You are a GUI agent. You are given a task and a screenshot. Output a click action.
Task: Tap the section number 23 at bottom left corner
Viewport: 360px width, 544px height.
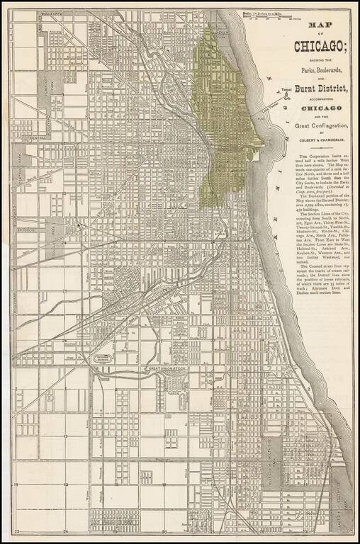(x=16, y=531)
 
